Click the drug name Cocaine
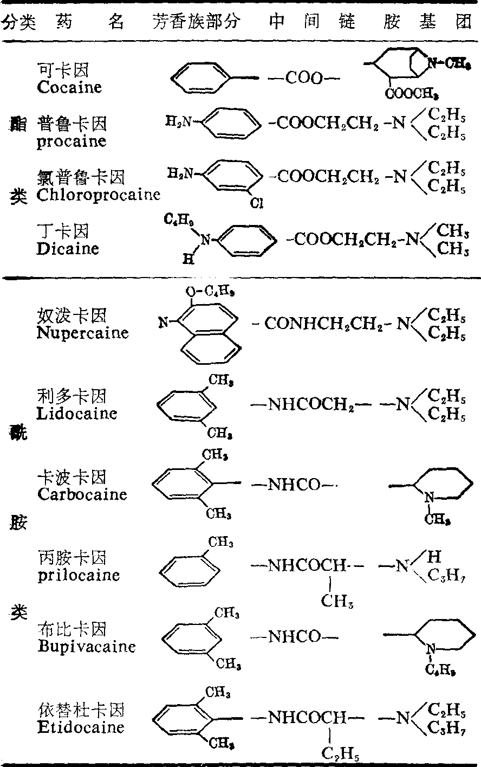(x=70, y=87)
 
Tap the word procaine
(x=71, y=141)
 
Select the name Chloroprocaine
(x=99, y=195)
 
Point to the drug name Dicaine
(x=68, y=249)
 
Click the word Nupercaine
(x=83, y=332)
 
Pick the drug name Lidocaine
(x=77, y=413)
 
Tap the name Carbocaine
(x=82, y=494)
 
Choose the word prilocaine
(x=79, y=575)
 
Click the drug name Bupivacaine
(x=87, y=646)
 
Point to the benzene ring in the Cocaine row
(x=201, y=79)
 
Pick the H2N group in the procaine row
(x=179, y=123)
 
